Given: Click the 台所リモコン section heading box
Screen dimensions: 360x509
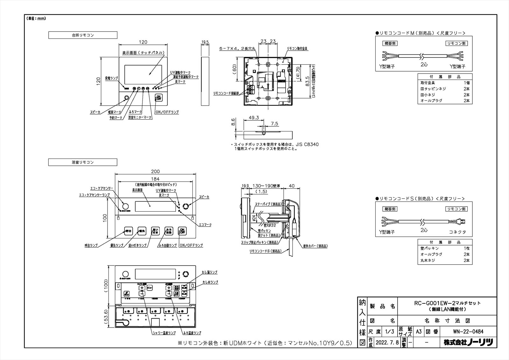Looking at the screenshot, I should click(x=83, y=35).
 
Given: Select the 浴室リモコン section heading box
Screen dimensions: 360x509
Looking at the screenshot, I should click(x=83, y=162).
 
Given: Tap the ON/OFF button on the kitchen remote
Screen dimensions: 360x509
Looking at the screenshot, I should click(x=158, y=98).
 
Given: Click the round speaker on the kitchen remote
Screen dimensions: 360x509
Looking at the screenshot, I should click(x=126, y=98).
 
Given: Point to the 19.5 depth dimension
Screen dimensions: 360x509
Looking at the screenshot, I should click(x=205, y=42).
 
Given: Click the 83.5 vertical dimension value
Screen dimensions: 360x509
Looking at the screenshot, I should click(x=307, y=81).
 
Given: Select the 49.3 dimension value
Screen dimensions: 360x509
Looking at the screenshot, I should click(x=253, y=117).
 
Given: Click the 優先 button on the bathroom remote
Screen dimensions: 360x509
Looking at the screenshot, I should click(x=142, y=231).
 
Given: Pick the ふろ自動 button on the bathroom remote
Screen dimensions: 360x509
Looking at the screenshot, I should click(x=169, y=231).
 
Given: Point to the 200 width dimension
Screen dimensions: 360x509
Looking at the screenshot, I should click(x=155, y=172).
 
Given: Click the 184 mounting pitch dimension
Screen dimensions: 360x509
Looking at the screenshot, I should click(x=155, y=179).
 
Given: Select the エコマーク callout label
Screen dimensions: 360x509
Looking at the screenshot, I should click(x=205, y=225).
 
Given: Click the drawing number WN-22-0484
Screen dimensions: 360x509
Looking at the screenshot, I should click(x=468, y=332).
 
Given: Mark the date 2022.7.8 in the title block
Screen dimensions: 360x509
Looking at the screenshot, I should click(x=386, y=343).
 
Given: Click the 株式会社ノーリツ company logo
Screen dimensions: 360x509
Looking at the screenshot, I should click(x=468, y=343).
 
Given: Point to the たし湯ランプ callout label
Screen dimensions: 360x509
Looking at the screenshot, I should click(x=210, y=272).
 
